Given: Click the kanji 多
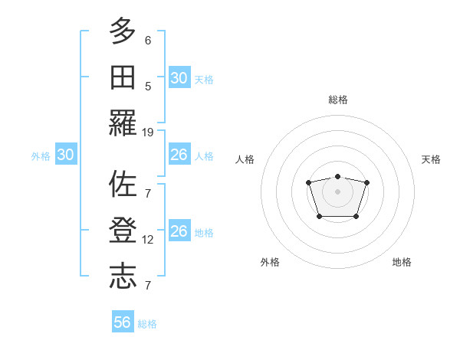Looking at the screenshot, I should click(123, 31).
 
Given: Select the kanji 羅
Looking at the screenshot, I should click(123, 122).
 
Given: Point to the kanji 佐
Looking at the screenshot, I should click(123, 185).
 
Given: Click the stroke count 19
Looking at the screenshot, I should click(148, 132).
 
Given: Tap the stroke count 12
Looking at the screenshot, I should click(148, 240).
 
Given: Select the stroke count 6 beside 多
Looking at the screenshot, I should click(148, 41).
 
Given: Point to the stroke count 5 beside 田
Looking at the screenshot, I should click(148, 86).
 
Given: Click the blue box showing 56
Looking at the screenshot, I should click(123, 322).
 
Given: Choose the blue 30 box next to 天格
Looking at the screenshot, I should click(179, 78).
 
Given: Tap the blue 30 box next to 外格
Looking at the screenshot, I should click(66, 155).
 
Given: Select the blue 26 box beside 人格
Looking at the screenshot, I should click(179, 155).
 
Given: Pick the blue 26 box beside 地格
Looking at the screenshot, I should click(179, 231).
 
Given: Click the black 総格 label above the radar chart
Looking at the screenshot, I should click(337, 100).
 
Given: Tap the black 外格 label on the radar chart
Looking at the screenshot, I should click(270, 262).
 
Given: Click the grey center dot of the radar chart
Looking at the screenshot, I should click(337, 191).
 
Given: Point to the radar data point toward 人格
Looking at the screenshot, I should click(308, 182).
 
